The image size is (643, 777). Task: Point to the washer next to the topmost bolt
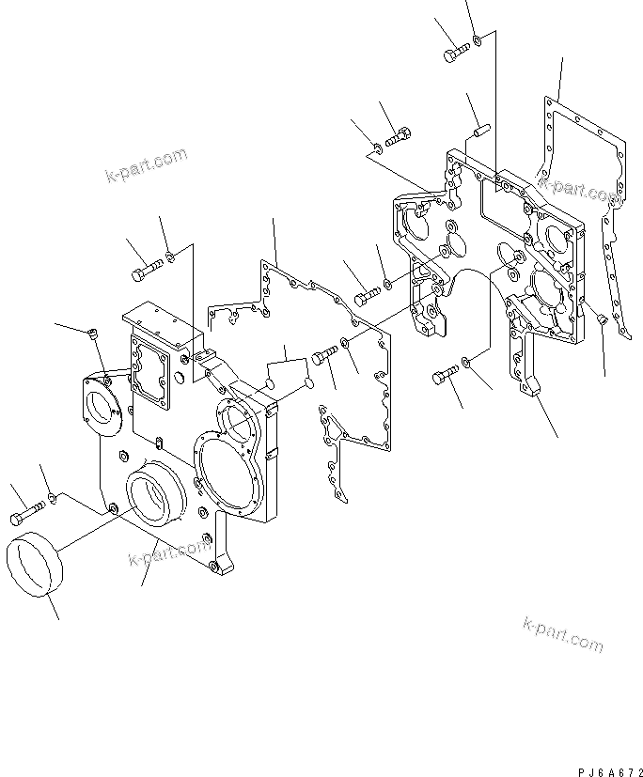coord(478,39)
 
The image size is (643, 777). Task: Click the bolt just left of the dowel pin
coord(399,138)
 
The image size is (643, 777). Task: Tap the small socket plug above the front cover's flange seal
coord(92,334)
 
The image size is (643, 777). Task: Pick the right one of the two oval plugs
coord(307,384)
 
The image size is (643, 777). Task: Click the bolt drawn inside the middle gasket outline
coord(323,356)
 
